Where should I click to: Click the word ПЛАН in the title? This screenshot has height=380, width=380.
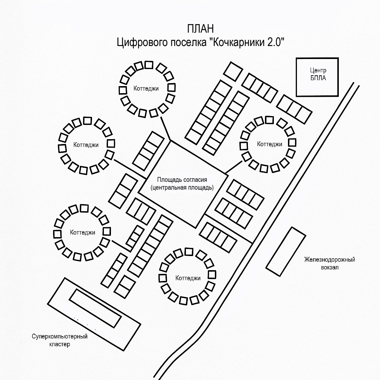click(x=200, y=29)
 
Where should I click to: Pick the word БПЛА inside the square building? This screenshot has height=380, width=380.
click(x=318, y=78)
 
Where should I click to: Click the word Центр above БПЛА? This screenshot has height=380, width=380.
click(x=318, y=71)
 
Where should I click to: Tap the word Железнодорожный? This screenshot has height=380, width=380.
click(x=330, y=259)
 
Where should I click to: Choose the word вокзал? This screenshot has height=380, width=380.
click(x=330, y=267)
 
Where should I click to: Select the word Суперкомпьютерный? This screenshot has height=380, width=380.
click(x=59, y=337)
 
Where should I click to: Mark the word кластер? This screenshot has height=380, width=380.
click(x=59, y=344)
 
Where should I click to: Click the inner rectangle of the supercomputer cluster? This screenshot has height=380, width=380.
click(x=95, y=308)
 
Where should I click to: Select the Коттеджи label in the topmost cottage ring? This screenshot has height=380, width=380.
click(x=146, y=88)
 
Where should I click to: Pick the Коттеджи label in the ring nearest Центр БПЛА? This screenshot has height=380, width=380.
click(x=269, y=144)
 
